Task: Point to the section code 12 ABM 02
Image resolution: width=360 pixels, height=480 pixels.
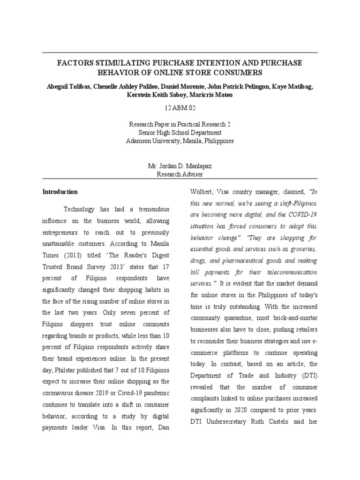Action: [180, 108]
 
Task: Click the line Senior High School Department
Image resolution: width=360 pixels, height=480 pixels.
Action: [180, 133]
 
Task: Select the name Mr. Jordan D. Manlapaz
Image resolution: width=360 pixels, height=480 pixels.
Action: [180, 166]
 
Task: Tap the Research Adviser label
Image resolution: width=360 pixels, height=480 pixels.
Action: [180, 174]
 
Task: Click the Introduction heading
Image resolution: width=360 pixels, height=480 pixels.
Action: [60, 192]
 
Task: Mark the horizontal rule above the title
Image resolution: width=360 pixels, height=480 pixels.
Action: [180, 52]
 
